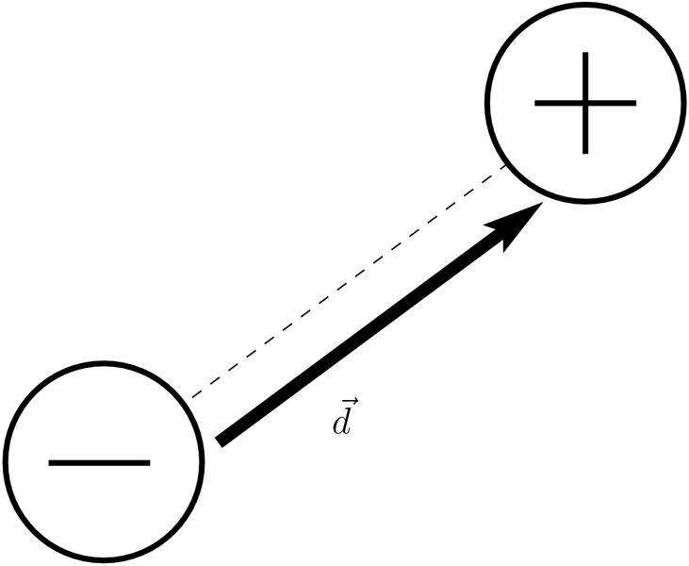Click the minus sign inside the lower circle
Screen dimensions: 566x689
99,463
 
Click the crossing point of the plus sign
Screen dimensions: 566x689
585,102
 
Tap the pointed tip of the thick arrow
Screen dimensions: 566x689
541,204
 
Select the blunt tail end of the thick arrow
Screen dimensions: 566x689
219,440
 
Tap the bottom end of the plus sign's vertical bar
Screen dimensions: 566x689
585,152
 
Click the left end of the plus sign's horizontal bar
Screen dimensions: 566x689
535,102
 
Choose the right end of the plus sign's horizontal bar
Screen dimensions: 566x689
635,102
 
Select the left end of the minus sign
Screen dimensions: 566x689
49,463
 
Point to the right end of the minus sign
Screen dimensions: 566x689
150,463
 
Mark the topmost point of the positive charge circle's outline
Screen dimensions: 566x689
585,4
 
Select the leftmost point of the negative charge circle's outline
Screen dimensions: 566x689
3,463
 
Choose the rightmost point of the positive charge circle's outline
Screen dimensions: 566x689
685,102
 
